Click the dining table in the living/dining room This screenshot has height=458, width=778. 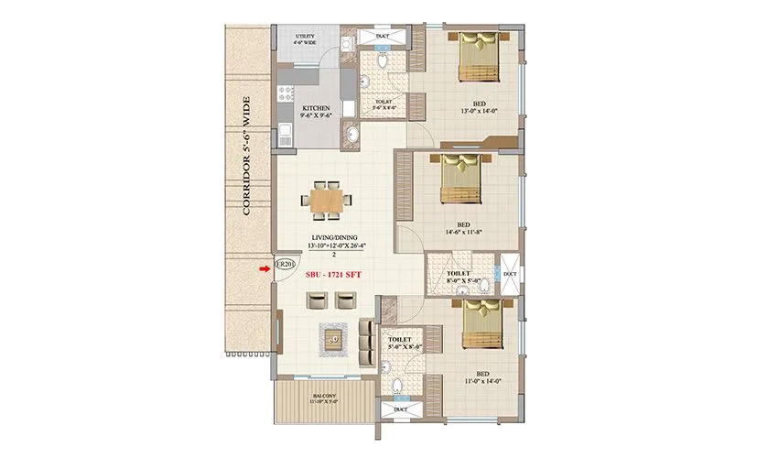tap(327, 200)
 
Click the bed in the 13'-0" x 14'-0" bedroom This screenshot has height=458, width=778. tap(478, 58)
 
